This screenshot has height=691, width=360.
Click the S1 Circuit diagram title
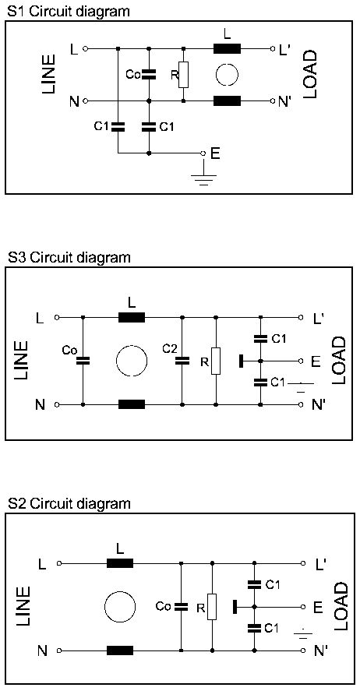point(69,11)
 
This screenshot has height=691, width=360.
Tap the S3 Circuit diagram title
point(69,257)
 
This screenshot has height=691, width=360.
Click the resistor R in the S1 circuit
point(184,75)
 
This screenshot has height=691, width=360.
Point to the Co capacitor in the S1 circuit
point(149,75)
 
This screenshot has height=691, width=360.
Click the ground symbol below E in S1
point(203,179)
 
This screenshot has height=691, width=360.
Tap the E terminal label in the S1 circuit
point(216,153)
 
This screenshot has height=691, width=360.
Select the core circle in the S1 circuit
point(228,75)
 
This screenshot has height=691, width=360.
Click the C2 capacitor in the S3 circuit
point(181,361)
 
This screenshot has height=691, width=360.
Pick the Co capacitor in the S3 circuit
point(83,361)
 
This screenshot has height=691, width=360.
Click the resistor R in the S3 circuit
point(216,361)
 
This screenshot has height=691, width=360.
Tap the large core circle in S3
point(132,361)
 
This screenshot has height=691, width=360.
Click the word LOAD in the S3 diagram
point(339,361)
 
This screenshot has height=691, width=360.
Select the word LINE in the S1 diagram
point(48,74)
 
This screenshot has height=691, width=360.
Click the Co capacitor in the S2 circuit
point(181,607)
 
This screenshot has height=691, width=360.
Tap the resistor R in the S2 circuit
point(213,607)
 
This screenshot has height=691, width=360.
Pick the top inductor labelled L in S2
point(120,562)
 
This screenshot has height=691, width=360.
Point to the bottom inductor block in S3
point(132,404)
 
